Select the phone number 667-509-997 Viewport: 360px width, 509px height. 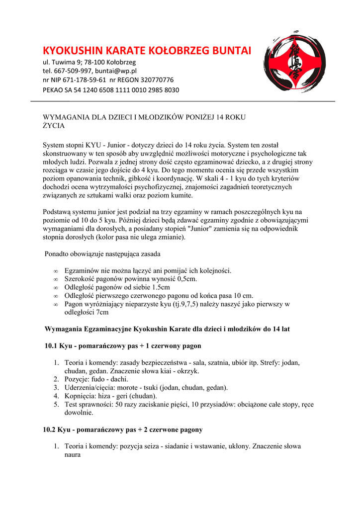point(72,71)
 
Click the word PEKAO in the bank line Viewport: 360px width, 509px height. point(54,90)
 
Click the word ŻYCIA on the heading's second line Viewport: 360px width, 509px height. point(54,126)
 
